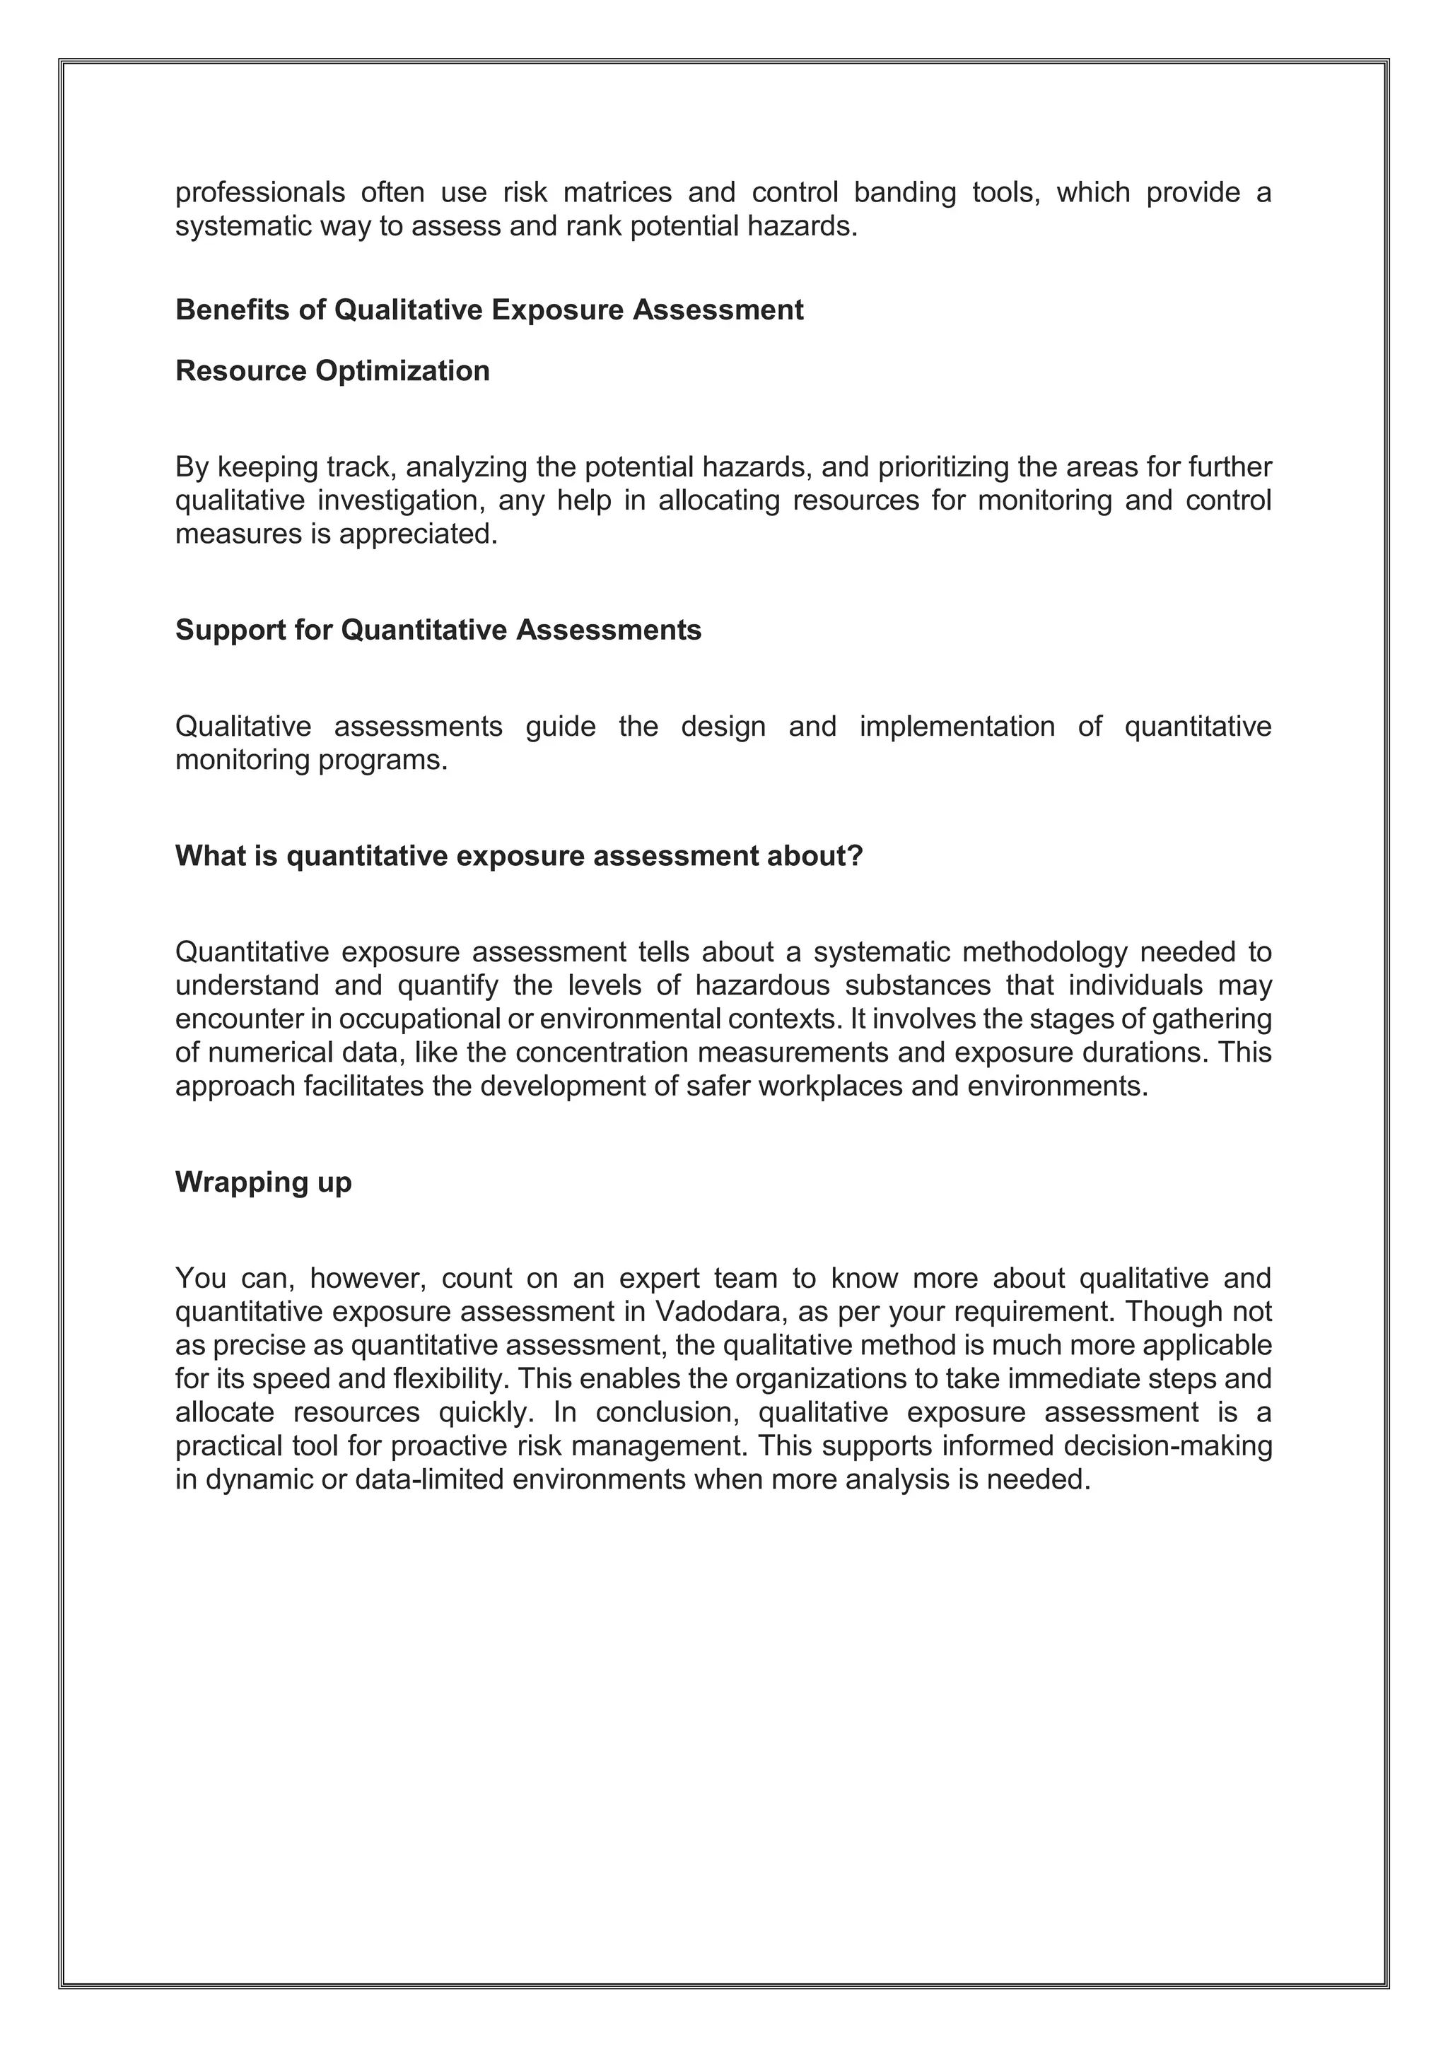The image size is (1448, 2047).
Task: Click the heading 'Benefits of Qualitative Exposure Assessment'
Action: point(489,310)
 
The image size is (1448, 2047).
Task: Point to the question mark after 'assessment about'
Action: point(856,856)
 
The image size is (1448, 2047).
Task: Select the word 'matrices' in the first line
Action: point(617,192)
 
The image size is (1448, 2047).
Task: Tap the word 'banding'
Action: point(904,192)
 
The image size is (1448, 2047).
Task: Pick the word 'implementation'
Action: point(957,727)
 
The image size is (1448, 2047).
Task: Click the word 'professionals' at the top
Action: point(259,192)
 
